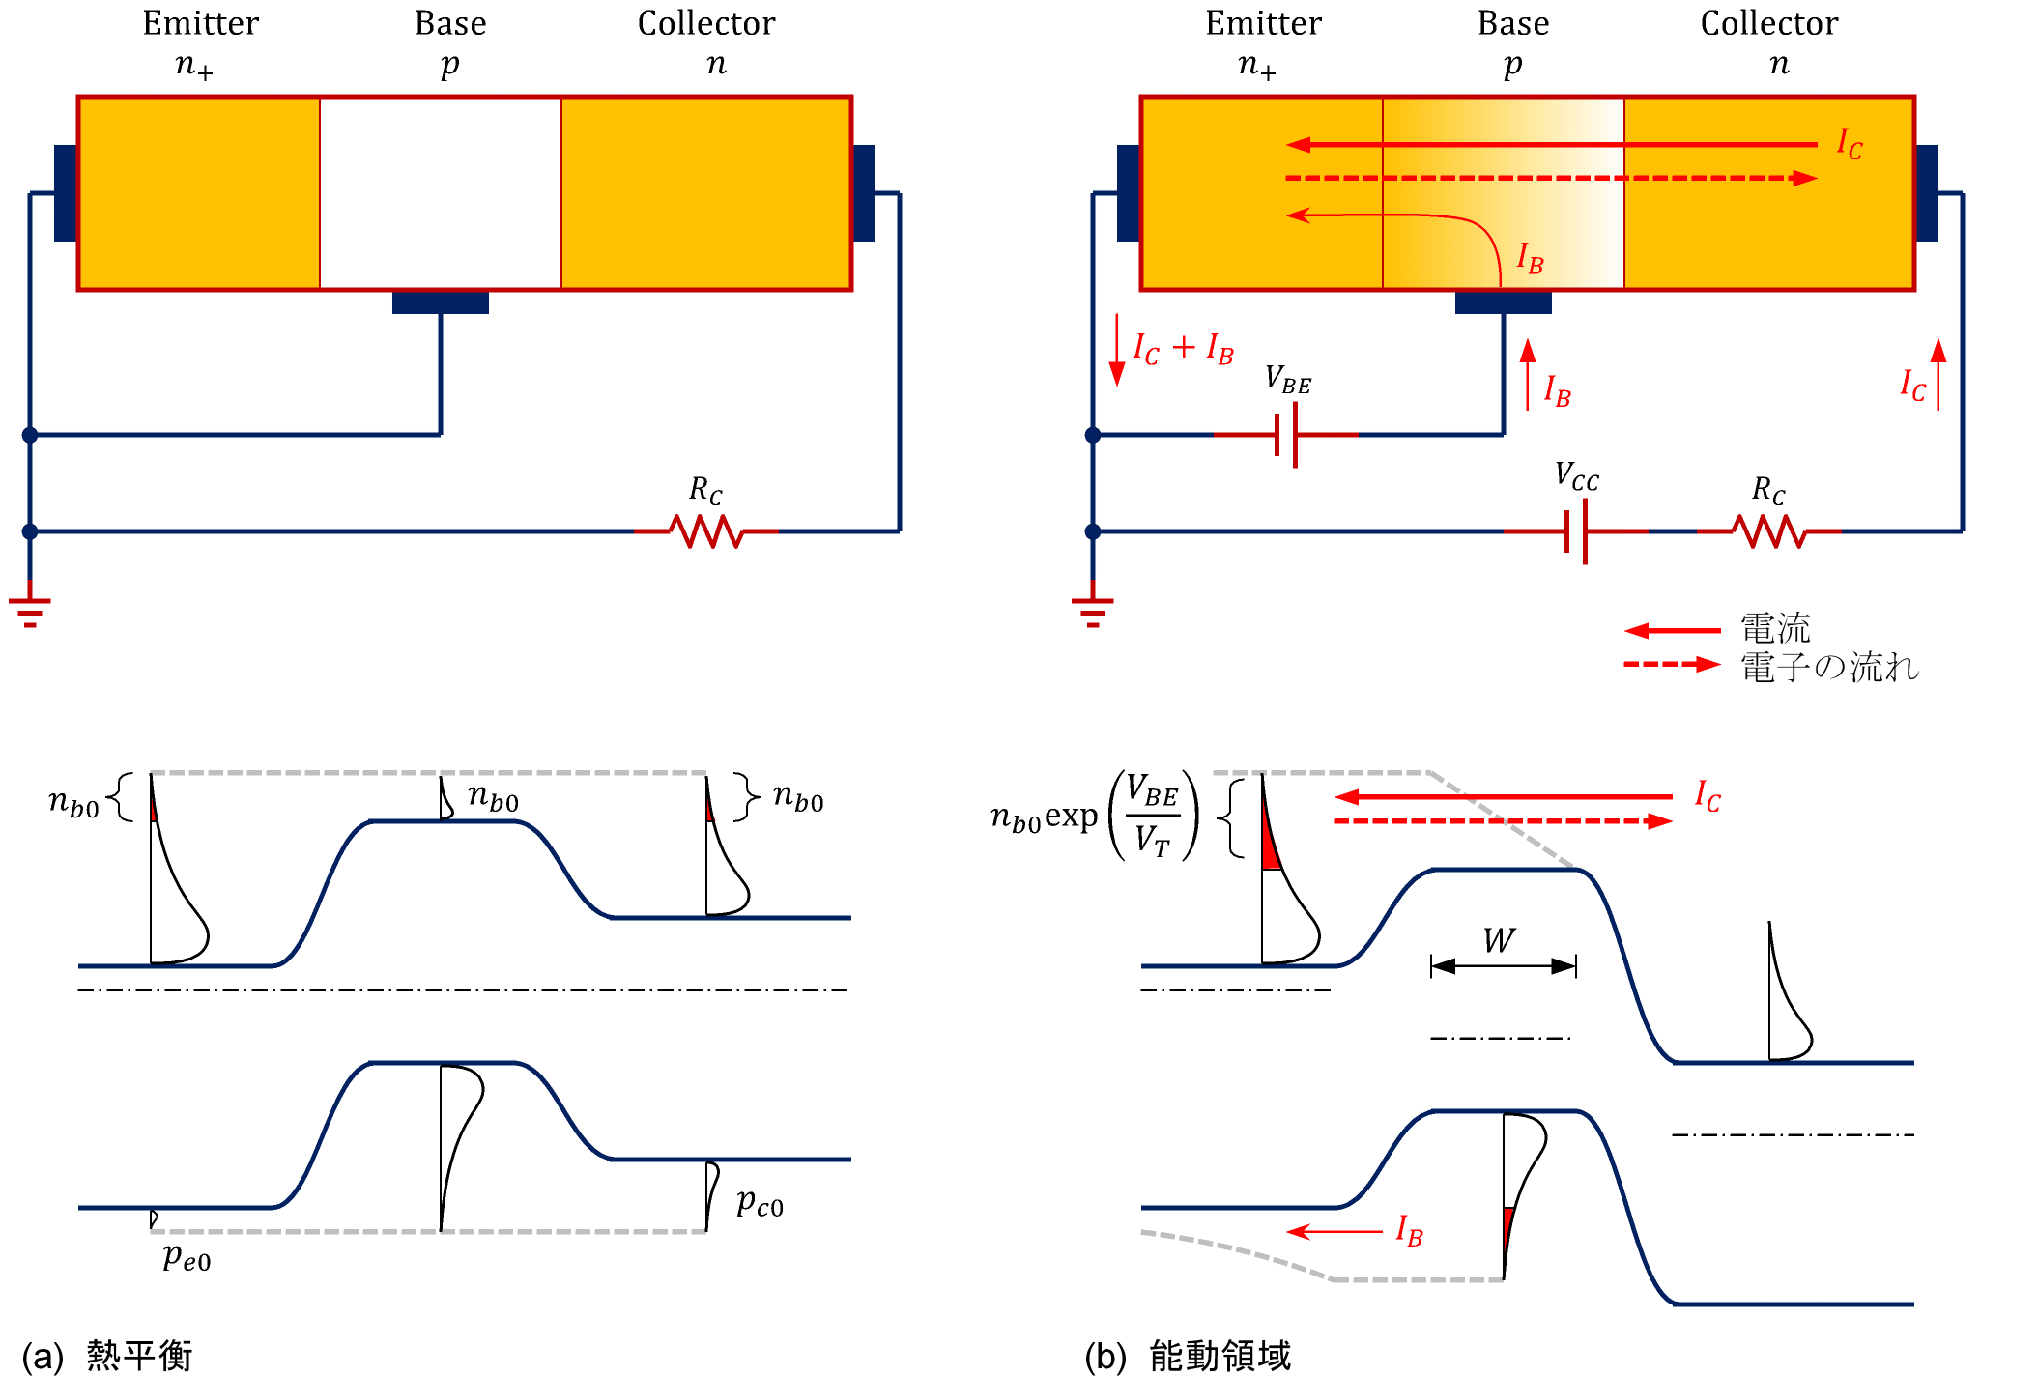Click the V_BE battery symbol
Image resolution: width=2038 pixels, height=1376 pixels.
(x=1286, y=435)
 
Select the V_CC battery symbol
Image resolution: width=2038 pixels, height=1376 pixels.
(x=1576, y=531)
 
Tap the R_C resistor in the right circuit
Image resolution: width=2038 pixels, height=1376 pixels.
(x=1768, y=531)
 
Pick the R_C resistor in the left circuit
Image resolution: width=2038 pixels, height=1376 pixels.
(x=706, y=531)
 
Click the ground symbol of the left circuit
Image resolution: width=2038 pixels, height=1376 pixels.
(x=30, y=609)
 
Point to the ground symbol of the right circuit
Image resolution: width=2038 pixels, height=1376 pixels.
(x=1093, y=609)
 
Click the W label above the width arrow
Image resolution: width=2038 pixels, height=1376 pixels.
(x=1499, y=940)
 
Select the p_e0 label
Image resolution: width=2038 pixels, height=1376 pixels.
(x=187, y=1257)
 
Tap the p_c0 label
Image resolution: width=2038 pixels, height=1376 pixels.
(x=760, y=1203)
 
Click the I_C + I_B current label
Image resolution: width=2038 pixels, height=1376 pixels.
(x=1183, y=349)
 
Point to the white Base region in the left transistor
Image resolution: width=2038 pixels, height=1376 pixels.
(x=441, y=193)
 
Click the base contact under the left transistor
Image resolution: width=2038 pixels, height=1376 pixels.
(x=441, y=302)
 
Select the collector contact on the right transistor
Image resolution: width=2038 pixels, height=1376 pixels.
(x=1927, y=193)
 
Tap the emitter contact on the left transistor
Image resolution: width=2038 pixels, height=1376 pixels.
(x=66, y=193)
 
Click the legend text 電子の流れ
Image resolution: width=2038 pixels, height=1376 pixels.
(x=1829, y=668)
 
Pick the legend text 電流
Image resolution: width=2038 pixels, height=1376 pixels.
(x=1775, y=629)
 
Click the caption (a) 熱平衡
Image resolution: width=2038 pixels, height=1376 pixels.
(x=107, y=1355)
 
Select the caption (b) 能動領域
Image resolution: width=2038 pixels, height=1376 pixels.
(x=1188, y=1355)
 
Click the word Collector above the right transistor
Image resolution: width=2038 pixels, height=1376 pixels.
(x=1769, y=23)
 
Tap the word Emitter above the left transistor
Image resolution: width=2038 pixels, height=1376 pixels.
(x=201, y=23)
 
